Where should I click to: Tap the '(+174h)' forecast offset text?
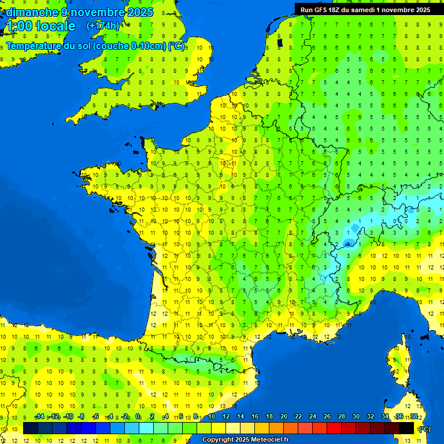point(103,26)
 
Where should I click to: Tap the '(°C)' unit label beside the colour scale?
point(424,428)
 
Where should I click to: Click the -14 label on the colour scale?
point(39,416)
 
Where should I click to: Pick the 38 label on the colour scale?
point(414,416)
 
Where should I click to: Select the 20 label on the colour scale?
point(283,416)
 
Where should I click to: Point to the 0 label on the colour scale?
point(138,416)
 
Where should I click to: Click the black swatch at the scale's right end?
point(406,428)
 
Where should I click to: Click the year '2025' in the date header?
point(141,12)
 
